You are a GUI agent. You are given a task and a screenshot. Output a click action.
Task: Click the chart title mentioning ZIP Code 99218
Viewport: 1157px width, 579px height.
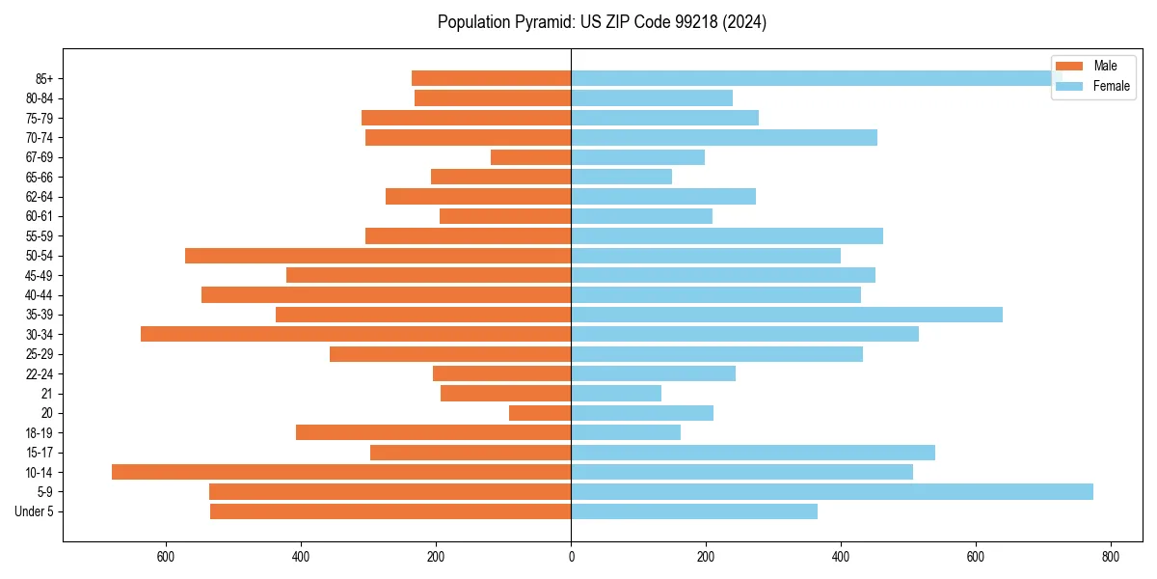pos(602,22)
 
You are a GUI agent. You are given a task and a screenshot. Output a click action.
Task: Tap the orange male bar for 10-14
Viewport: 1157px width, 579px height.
pos(341,472)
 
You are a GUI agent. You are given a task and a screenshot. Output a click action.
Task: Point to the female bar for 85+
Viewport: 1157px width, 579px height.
pos(810,78)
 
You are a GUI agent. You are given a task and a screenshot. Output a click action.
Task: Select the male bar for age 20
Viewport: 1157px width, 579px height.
pos(540,413)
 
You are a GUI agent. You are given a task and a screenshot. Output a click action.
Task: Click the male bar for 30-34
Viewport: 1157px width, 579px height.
pos(356,334)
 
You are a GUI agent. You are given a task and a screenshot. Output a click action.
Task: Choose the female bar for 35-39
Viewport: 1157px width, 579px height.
pos(787,315)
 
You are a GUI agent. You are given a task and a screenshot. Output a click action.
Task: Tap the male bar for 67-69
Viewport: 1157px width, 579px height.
pos(530,157)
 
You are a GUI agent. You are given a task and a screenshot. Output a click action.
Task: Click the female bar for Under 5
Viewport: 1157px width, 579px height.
pos(694,511)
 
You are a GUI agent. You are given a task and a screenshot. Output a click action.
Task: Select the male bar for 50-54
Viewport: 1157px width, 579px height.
pos(378,256)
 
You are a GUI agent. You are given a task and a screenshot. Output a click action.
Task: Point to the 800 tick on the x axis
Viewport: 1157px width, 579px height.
pos(1111,557)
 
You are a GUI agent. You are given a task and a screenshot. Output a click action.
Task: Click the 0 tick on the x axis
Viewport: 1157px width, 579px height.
pos(571,557)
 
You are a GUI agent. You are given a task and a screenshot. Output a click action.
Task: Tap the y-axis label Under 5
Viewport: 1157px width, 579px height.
pos(34,511)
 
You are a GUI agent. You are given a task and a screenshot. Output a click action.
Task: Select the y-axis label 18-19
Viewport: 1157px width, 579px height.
pos(40,432)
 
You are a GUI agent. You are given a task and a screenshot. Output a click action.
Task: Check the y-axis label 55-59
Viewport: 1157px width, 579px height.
pos(40,235)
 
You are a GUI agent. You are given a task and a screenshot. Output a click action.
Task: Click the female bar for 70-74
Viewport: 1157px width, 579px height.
pos(724,137)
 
